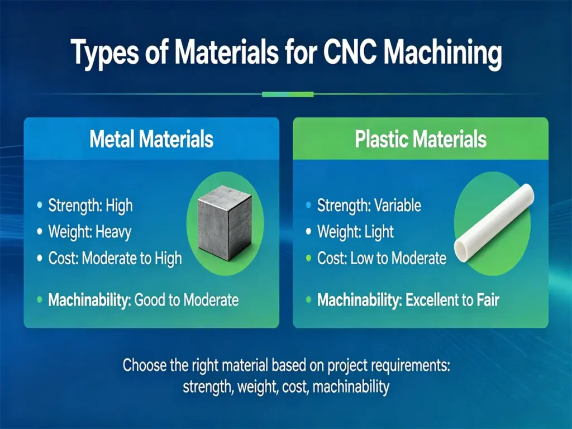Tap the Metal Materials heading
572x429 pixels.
point(151,139)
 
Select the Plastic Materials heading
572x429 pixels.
point(421,139)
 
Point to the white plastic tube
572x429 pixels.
point(494,220)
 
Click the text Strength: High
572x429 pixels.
point(90,206)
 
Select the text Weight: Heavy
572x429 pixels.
point(89,231)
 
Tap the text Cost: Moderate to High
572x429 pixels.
point(115,258)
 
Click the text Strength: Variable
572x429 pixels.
point(369,206)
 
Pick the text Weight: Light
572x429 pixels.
point(355,231)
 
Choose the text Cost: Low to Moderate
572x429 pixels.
point(382,258)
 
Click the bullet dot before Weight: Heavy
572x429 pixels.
point(39,232)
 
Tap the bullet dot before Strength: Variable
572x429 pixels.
point(308,206)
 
